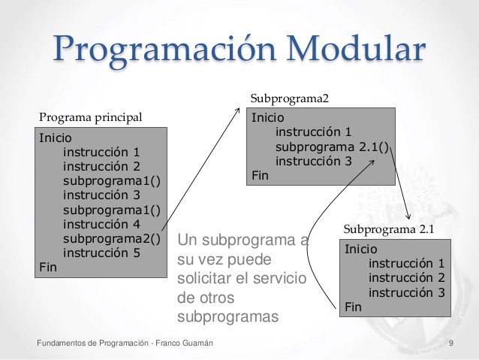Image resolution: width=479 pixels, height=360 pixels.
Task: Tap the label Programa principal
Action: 90,117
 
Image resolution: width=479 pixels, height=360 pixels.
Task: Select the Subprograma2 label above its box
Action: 290,98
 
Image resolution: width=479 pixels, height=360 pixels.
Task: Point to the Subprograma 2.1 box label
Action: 388,229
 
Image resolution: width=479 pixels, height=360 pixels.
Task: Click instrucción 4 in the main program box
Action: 101,224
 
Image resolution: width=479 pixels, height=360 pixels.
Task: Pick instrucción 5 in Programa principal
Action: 101,253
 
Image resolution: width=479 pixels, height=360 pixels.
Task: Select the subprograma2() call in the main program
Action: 111,239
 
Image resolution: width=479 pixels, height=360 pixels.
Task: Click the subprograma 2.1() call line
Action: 333,147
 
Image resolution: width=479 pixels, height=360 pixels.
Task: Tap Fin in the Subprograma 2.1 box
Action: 353,307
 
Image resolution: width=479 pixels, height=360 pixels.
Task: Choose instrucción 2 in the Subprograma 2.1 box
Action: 407,277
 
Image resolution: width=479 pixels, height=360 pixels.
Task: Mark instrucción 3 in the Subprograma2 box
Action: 313,161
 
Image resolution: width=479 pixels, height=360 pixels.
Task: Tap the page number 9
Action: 450,343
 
